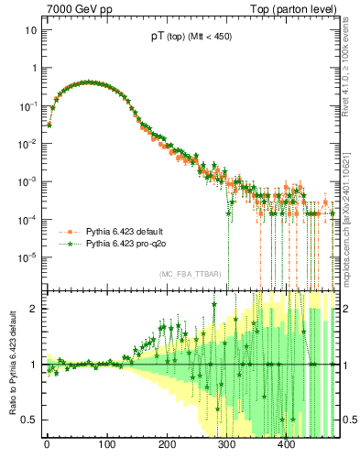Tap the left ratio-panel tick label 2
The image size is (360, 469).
33,309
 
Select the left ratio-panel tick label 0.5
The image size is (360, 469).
29,420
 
